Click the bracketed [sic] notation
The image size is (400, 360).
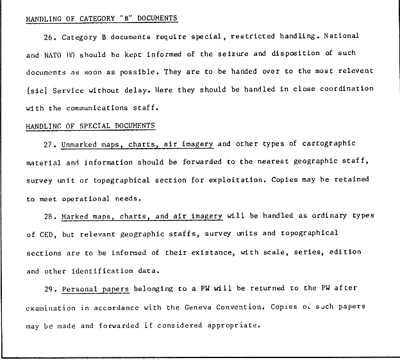pos(37,90)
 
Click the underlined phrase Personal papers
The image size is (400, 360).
pos(96,289)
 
